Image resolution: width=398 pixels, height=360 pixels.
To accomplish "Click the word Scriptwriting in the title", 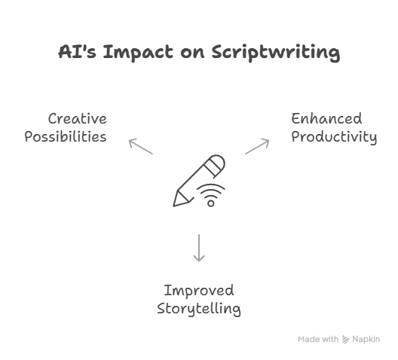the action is pyautogui.click(x=276, y=53).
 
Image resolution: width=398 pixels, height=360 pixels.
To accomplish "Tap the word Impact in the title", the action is pyautogui.click(x=138, y=53).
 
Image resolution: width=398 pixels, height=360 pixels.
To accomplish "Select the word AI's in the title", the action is pyautogui.click(x=77, y=52).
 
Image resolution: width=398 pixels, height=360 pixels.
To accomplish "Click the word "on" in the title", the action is pyautogui.click(x=192, y=53).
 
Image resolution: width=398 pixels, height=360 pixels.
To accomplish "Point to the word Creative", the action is pyautogui.click(x=78, y=119).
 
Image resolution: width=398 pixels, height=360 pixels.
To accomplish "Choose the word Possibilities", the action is pyautogui.click(x=66, y=137).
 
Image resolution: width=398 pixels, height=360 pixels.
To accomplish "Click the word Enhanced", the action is pyautogui.click(x=326, y=119).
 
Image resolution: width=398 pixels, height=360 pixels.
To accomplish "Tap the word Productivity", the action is pyautogui.click(x=334, y=137).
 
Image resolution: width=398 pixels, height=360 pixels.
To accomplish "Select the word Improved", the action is pyautogui.click(x=199, y=291).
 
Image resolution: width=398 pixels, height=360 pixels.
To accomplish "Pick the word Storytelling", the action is pyautogui.click(x=199, y=309).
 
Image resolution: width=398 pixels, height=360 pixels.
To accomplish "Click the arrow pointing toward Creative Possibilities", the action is pyautogui.click(x=141, y=146).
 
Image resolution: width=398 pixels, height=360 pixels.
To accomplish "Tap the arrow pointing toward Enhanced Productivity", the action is pyautogui.click(x=257, y=146).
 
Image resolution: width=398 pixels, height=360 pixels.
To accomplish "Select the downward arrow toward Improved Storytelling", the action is pyautogui.click(x=199, y=248).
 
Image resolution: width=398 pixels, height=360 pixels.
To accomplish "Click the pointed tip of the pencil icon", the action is pyautogui.click(x=174, y=206).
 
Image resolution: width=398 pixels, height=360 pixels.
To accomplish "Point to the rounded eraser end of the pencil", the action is pyautogui.click(x=219, y=162).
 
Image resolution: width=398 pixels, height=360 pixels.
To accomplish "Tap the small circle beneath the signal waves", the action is pyautogui.click(x=210, y=203).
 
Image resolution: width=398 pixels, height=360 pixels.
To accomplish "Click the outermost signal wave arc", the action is pyautogui.click(x=210, y=185).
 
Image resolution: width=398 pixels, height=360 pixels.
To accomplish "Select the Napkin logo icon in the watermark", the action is pyautogui.click(x=345, y=339).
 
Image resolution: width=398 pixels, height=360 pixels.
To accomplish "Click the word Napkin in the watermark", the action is pyautogui.click(x=366, y=339).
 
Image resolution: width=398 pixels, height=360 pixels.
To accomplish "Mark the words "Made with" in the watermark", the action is pyautogui.click(x=318, y=339).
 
